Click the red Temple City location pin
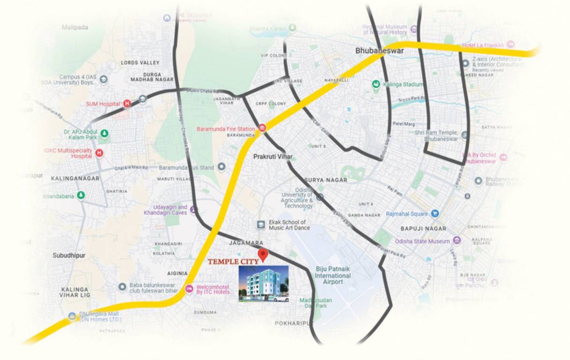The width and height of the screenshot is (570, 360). coord(263,255)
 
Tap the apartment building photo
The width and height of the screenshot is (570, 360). coord(264,283)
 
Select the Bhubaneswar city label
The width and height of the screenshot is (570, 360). coord(379,51)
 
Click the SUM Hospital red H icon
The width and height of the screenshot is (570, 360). coord(127,104)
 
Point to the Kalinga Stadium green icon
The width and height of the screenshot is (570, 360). coord(376,84)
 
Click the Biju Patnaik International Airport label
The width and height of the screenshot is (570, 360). coord(333,275)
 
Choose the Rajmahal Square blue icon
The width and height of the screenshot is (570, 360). coord(435,214)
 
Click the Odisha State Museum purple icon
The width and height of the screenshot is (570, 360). coord(457,241)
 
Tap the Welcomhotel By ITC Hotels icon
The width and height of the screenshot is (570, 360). coord(189,288)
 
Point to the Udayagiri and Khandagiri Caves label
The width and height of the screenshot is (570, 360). coord(165,210)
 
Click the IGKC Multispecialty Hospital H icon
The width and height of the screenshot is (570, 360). coord(99,153)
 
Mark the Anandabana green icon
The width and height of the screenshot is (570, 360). coord(81,195)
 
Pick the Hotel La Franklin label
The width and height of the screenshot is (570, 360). coord(482,45)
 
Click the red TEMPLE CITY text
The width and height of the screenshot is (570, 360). coord(233,262)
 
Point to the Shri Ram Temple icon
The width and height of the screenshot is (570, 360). coord(464,135)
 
